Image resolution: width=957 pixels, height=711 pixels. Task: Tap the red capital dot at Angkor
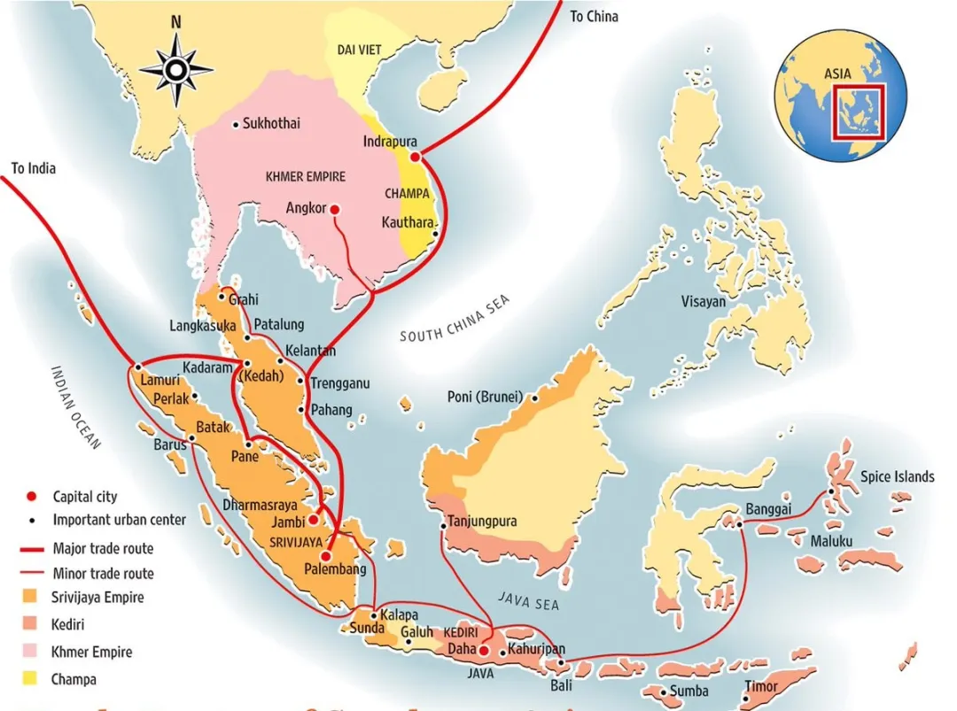tap(334, 209)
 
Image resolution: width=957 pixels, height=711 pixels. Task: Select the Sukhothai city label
tap(271, 124)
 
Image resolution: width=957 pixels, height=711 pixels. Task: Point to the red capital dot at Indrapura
tap(416, 157)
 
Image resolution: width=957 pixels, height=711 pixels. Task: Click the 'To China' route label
tap(594, 16)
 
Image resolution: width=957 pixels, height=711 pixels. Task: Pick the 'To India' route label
tap(33, 167)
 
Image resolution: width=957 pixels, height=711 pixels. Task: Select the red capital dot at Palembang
tap(326, 556)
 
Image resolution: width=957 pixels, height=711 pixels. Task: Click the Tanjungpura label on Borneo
tap(483, 522)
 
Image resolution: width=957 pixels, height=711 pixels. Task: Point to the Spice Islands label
tap(897, 476)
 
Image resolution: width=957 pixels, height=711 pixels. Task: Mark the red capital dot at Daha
tap(484, 651)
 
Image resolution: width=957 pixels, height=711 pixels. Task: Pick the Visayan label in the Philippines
tap(703, 302)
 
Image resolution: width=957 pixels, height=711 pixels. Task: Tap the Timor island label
tap(760, 687)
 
